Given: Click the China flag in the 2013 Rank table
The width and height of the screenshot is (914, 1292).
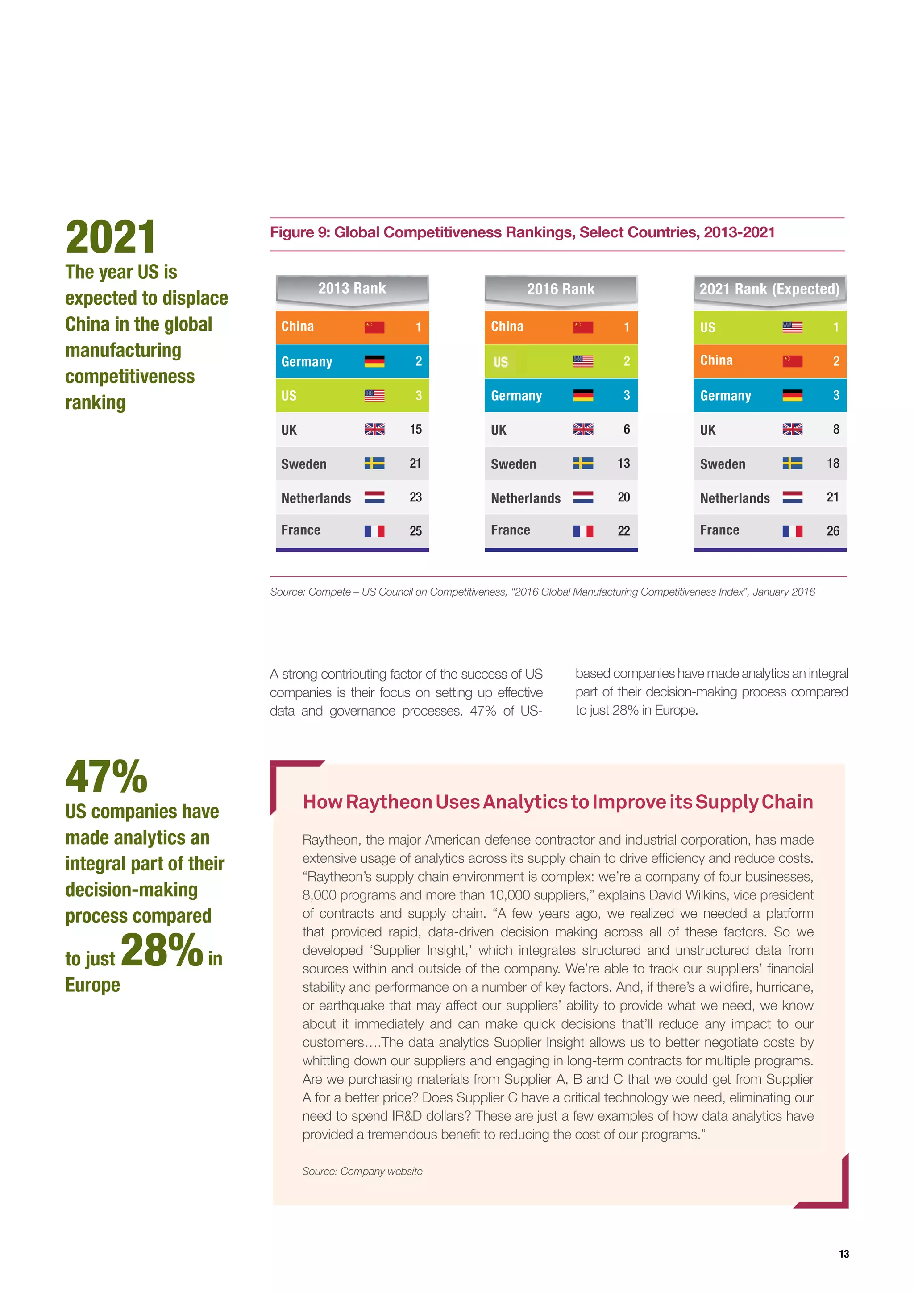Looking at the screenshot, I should click(x=374, y=327).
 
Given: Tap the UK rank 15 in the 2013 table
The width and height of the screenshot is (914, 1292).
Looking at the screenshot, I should click(x=415, y=429).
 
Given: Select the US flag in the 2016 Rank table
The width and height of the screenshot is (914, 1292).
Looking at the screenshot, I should click(x=583, y=361).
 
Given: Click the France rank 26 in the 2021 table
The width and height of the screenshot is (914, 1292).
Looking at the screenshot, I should click(x=832, y=530).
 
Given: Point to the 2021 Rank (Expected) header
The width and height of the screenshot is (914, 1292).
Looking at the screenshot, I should click(x=769, y=289).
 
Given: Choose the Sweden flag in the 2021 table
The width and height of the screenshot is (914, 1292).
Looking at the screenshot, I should click(x=793, y=464).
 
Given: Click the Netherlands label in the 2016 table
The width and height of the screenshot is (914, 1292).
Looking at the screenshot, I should click(x=526, y=498).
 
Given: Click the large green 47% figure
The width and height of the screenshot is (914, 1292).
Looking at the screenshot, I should click(x=106, y=777).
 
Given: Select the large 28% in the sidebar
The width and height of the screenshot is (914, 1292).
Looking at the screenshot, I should click(x=162, y=950).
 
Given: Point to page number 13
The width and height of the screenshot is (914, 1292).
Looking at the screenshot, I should click(x=843, y=1254).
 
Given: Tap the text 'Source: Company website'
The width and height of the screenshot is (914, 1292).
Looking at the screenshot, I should click(x=362, y=1171).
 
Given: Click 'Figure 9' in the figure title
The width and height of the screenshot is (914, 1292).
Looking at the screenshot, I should click(x=299, y=232).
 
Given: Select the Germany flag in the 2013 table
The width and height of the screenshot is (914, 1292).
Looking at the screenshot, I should click(x=374, y=361).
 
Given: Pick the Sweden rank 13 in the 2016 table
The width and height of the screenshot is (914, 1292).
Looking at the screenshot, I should click(x=623, y=463).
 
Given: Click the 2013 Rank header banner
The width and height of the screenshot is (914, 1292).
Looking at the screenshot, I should click(x=352, y=289).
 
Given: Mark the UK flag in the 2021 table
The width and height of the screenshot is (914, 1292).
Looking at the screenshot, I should click(x=793, y=429).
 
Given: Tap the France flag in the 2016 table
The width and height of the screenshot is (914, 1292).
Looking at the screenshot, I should click(x=583, y=530).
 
